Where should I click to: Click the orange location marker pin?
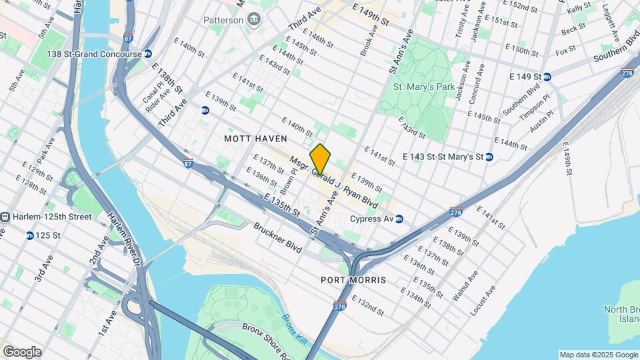click(x=321, y=159)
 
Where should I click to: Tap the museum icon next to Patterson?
click(x=253, y=19)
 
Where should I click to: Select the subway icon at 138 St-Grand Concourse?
click(x=148, y=54)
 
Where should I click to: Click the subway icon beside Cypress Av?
click(x=399, y=219)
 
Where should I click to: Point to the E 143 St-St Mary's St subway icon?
click(x=489, y=157)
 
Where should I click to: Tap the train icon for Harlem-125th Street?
click(x=5, y=217)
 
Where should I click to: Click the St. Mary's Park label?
click(x=419, y=87)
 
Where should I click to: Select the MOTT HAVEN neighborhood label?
click(x=255, y=138)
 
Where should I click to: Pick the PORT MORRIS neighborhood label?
click(x=353, y=280)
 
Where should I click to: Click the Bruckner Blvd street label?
click(x=277, y=236)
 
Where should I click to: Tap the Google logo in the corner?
click(x=21, y=351)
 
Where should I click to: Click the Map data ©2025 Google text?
click(x=598, y=355)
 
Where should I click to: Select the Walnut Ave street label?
click(x=465, y=285)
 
